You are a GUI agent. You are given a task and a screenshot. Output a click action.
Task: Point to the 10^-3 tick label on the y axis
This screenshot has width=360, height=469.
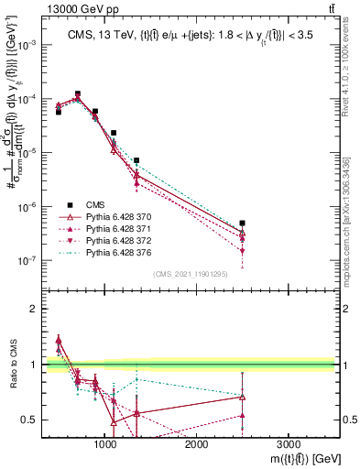(x=27, y=45)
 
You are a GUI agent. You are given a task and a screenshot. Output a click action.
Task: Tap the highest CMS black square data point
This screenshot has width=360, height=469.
(x=77, y=93)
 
